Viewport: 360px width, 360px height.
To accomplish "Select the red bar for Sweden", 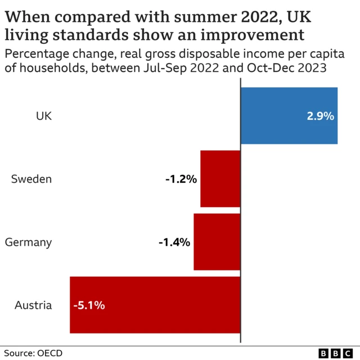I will [x=220, y=179].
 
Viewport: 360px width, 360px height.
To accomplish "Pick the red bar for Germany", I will [x=217, y=242].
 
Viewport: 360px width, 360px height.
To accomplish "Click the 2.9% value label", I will [x=320, y=116].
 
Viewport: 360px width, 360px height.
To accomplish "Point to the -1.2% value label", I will [x=181, y=179].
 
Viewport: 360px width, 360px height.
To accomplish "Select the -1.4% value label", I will [x=174, y=242].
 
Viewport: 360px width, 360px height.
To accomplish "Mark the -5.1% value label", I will [x=89, y=306].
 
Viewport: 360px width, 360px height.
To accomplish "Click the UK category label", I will [x=44, y=116].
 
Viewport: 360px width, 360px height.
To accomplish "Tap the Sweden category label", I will [x=31, y=179].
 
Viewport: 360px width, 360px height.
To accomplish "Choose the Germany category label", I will [x=28, y=242].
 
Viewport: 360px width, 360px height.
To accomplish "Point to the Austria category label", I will [x=33, y=305].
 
